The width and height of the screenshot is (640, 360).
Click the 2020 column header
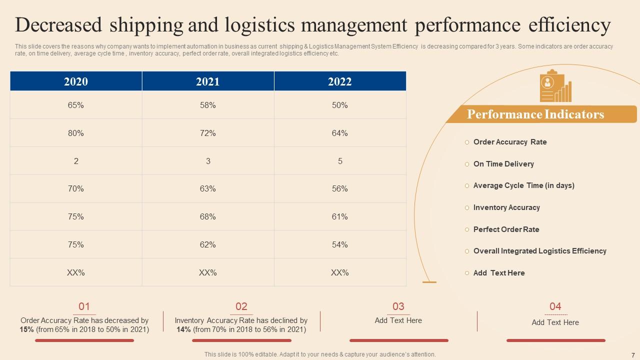pos(76,81)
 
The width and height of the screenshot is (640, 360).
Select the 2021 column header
pos(208,81)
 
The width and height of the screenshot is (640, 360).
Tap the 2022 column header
pos(340,81)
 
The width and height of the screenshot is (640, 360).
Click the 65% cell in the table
pos(76,105)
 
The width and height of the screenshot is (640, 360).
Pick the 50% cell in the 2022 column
pos(340,105)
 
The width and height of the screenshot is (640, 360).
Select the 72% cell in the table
pos(208,133)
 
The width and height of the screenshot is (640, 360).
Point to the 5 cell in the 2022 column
pos(340,161)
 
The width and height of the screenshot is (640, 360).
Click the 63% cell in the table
pos(208,188)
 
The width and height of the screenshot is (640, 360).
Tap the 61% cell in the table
pos(340,216)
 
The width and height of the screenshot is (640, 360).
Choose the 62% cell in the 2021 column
pos(208,244)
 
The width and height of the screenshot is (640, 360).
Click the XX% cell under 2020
pos(76,272)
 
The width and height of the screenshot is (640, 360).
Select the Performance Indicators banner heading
pos(535,114)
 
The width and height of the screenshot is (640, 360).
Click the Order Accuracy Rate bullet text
pos(510,142)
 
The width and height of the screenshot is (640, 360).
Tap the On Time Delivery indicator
pos(503,164)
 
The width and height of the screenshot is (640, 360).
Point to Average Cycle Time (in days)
pos(523,185)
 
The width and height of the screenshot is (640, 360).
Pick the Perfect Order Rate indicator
pos(506,229)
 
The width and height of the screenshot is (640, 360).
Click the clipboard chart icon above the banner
pos(555,86)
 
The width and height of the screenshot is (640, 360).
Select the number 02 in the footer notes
pos(241,306)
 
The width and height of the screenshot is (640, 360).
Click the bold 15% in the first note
pos(26,329)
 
